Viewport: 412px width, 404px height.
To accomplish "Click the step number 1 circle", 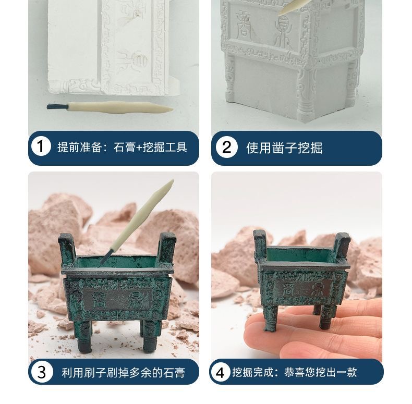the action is point(41,146).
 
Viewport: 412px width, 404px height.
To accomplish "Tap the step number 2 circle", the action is point(226,147).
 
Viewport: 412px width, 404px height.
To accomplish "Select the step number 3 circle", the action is point(42,372).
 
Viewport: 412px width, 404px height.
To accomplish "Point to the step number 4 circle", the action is point(220,372).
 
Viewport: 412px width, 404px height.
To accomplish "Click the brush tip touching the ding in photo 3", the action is point(106,258).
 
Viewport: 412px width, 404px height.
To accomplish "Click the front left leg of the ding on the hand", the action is point(271,319).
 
